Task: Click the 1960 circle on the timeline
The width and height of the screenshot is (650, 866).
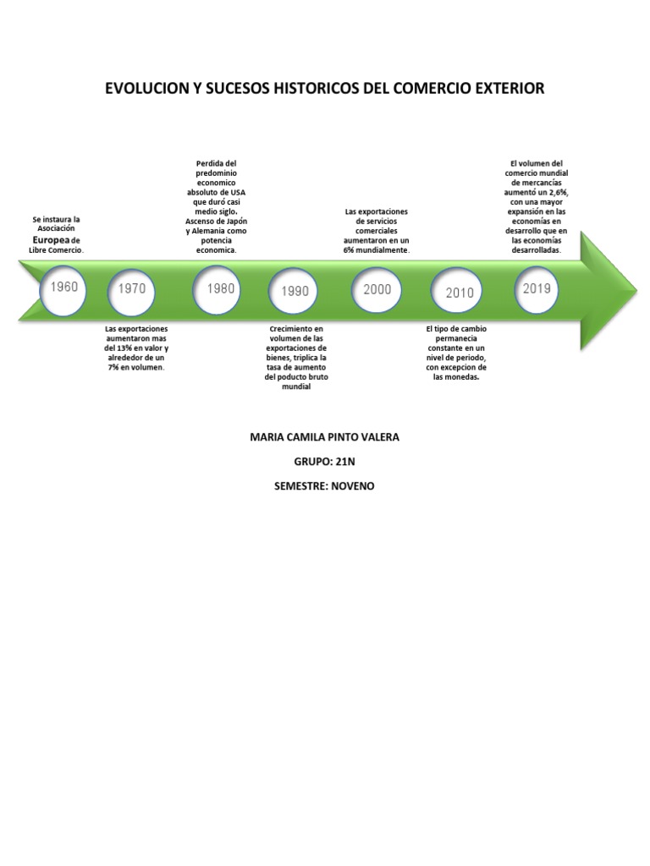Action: (63, 288)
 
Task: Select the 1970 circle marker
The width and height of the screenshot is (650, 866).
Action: (131, 289)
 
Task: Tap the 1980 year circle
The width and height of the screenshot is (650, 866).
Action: (220, 289)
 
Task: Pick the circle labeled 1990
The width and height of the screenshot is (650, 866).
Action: (295, 292)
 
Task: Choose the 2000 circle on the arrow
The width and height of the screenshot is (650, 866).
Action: (377, 289)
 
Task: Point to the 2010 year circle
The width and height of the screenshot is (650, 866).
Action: (459, 293)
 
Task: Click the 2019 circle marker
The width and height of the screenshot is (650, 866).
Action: (537, 289)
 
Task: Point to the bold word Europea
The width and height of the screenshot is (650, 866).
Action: (51, 240)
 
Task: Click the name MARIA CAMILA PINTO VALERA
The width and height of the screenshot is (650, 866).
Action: (325, 437)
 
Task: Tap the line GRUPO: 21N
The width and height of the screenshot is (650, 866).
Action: (325, 462)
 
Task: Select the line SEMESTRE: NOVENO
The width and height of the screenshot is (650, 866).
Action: (325, 486)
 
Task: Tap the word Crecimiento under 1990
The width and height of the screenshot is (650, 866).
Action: (296, 328)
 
